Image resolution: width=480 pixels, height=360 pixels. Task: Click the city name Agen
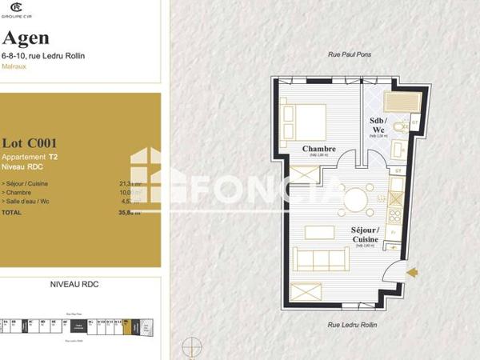point(26,38)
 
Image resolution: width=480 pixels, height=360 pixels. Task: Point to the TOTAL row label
point(12,213)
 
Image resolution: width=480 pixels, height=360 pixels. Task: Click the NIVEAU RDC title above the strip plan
point(74,284)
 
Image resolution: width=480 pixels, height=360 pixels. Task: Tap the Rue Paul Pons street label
point(350,54)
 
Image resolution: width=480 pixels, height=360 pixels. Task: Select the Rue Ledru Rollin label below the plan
point(352,326)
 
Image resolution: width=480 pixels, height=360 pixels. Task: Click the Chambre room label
point(318,148)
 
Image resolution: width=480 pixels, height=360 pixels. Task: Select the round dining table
point(355,198)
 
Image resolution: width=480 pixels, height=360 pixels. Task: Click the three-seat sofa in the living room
point(320,259)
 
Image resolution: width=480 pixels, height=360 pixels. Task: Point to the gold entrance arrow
point(412,273)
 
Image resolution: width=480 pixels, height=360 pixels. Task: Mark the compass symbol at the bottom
point(192,348)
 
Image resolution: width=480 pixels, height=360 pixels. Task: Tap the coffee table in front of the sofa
point(320,233)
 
